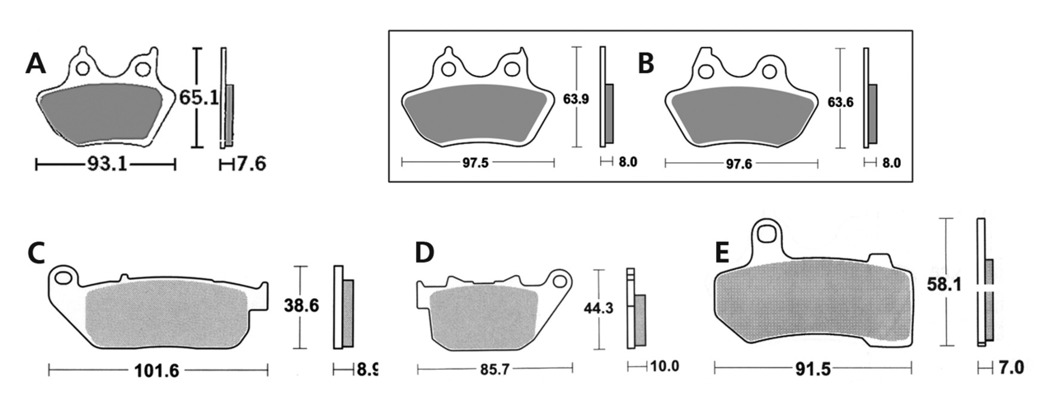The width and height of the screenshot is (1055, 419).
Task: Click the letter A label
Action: pyautogui.click(x=35, y=63)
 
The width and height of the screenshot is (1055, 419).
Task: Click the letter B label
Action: pyautogui.click(x=646, y=63)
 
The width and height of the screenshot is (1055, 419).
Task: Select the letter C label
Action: pyautogui.click(x=36, y=253)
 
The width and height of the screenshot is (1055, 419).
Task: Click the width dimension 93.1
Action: pyautogui.click(x=106, y=165)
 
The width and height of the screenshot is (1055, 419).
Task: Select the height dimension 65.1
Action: pyautogui.click(x=199, y=98)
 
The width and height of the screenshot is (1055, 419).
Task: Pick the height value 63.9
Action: pyautogui.click(x=576, y=99)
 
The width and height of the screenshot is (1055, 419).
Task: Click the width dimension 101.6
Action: pyautogui.click(x=157, y=370)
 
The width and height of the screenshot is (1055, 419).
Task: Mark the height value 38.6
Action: pyautogui.click(x=302, y=305)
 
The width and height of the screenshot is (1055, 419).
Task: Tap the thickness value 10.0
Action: pyautogui.click(x=663, y=365)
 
